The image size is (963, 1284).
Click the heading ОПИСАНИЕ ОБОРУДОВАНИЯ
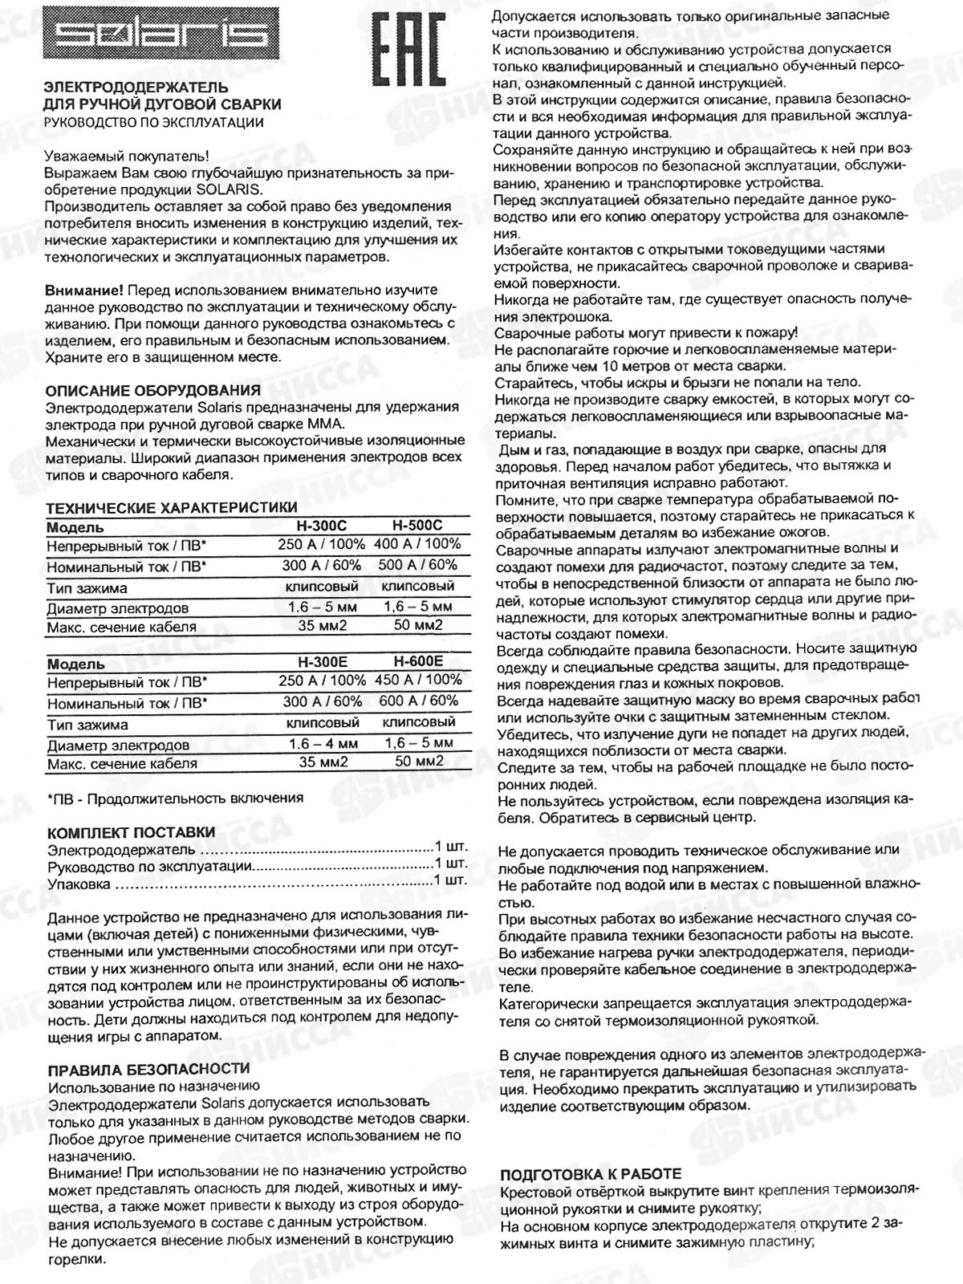coord(152,390)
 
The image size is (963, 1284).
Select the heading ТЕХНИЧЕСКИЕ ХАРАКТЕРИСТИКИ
coord(171,507)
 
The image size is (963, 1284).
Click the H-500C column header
coord(417,526)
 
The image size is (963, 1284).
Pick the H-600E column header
coord(418,662)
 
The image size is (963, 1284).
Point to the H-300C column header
coord(322,526)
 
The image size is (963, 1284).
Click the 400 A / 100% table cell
coord(417,545)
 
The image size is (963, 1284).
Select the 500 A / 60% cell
coord(417,565)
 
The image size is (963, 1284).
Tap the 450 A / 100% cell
coord(418,681)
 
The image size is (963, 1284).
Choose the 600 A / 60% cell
coord(418,701)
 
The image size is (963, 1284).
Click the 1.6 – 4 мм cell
coord(323,744)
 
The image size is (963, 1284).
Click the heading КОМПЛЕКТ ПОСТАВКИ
coord(132,831)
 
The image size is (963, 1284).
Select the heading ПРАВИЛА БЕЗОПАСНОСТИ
coord(148,1069)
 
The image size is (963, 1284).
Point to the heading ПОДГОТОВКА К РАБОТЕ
coord(591,1173)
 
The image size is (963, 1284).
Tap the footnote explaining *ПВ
coord(175,798)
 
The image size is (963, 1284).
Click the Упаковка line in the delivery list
coord(79,884)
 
